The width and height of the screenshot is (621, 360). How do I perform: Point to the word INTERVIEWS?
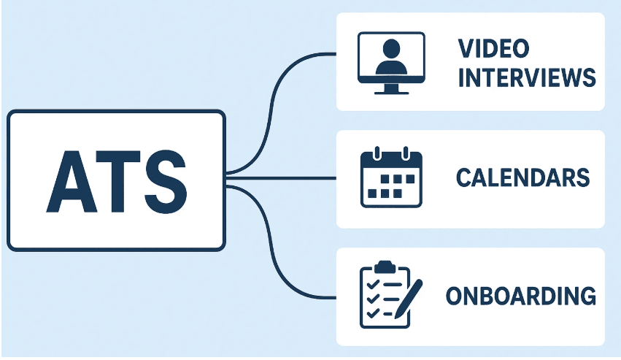click(527, 77)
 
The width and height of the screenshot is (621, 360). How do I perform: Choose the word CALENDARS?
click(522, 177)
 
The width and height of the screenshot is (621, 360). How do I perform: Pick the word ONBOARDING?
click(520, 296)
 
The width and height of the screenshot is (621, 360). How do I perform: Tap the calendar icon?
click(392, 177)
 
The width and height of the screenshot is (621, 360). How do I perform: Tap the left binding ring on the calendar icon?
click(377, 153)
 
